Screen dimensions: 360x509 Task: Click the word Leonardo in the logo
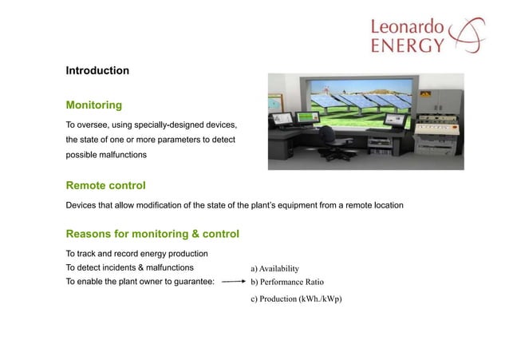point(407,26)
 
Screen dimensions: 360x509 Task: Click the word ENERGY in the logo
point(407,45)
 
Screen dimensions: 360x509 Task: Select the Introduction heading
point(97,71)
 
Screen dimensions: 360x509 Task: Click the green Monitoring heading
point(93,105)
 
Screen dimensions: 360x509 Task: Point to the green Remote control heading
point(105,186)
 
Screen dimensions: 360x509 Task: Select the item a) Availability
point(280,267)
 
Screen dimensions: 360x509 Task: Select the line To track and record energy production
point(136,253)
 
